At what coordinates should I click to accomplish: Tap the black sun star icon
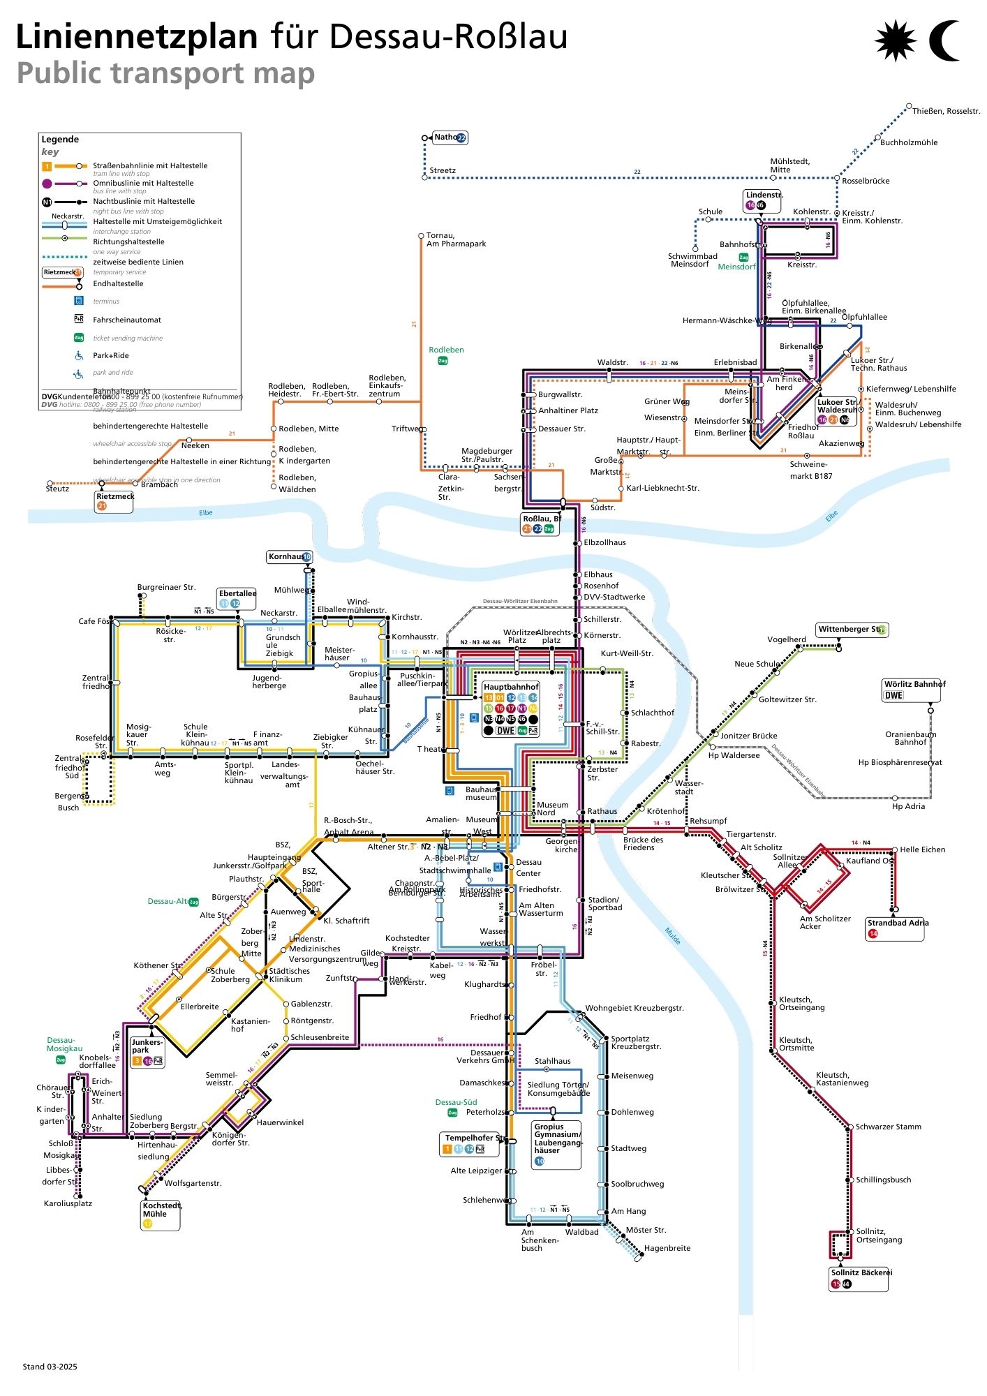click(895, 40)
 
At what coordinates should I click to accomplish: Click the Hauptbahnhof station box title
click(511, 687)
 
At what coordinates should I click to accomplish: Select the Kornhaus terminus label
click(286, 556)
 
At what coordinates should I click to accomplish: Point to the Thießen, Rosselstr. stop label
click(946, 111)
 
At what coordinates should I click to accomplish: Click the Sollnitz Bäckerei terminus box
click(860, 1277)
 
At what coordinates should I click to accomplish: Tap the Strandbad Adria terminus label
click(896, 923)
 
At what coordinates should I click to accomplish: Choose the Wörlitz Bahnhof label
click(914, 684)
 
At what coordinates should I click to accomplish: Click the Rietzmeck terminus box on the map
click(114, 500)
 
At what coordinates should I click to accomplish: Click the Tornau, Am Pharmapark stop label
click(456, 239)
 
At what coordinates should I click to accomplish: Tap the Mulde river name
click(672, 935)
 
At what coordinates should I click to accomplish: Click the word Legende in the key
click(60, 139)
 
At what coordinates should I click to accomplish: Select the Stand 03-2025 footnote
click(50, 1367)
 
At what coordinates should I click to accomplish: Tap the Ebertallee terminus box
click(237, 598)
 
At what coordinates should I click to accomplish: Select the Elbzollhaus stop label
click(604, 542)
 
